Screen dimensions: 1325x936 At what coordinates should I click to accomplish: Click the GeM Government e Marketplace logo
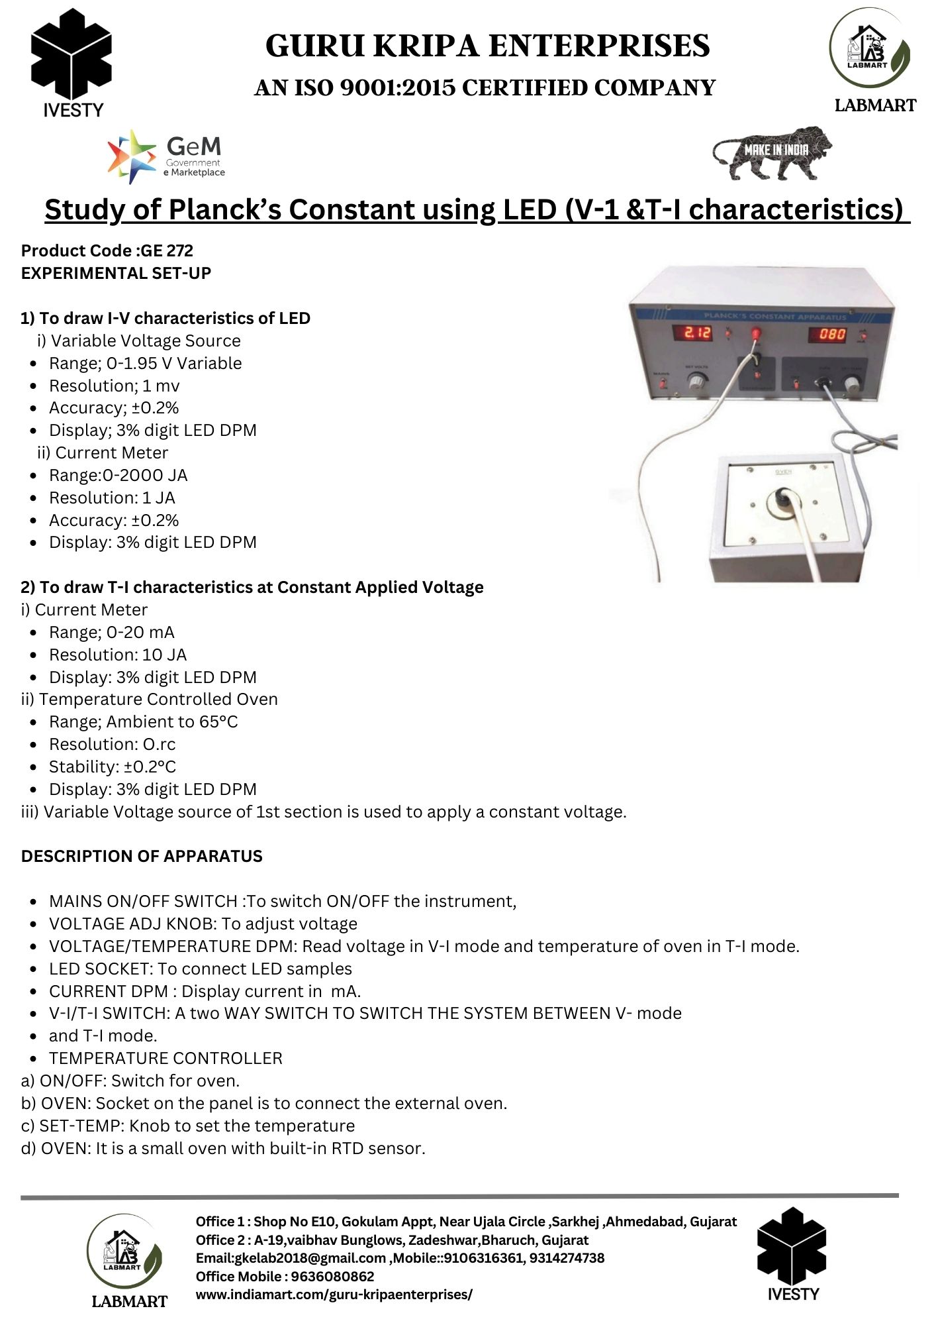[167, 156]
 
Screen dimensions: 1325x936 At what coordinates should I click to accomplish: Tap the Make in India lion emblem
[772, 153]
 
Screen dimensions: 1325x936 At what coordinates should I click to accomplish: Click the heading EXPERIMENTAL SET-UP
[116, 273]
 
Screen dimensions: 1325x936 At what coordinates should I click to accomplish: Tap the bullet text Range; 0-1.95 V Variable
[145, 363]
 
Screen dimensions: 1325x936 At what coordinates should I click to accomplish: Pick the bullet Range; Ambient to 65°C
[143, 721]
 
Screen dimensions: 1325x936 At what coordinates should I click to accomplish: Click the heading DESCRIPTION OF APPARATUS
[142, 856]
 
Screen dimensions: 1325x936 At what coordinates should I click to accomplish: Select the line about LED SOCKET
[200, 969]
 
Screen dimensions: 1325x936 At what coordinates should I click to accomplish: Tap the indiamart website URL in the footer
[334, 1294]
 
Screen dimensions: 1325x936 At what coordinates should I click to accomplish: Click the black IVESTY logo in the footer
[792, 1245]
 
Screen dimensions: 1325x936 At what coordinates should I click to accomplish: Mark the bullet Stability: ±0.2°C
[113, 767]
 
